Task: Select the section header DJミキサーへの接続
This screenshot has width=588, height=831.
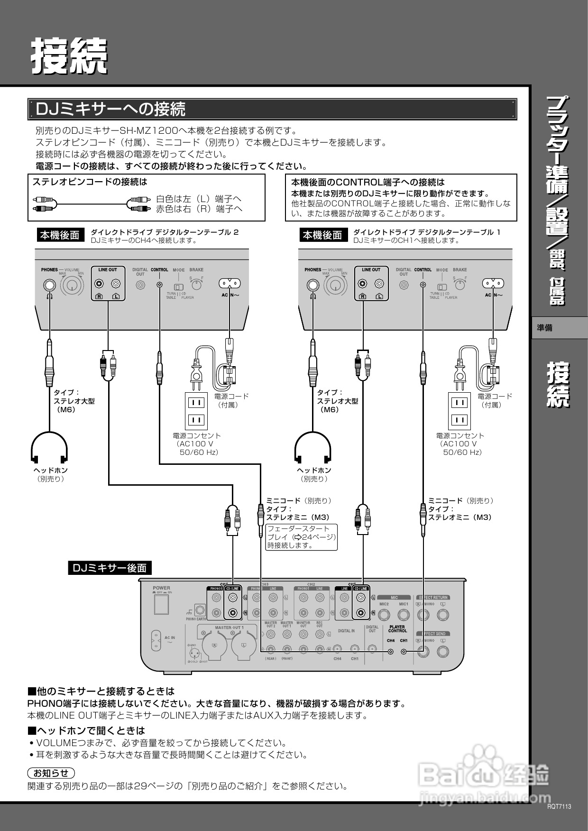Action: tap(111, 109)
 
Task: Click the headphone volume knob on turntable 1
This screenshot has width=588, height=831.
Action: tap(335, 285)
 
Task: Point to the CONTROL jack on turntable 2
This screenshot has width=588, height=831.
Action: tap(160, 285)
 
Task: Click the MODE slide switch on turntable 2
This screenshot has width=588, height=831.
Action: tap(179, 287)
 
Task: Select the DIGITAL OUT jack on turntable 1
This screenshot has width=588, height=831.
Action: tap(404, 285)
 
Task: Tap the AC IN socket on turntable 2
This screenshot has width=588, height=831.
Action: tap(229, 284)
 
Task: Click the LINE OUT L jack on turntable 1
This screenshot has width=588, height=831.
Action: tap(378, 284)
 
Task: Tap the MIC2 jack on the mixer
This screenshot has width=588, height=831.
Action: tap(384, 615)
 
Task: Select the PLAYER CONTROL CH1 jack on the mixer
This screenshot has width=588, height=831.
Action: tap(404, 652)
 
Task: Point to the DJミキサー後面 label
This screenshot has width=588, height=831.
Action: tap(110, 568)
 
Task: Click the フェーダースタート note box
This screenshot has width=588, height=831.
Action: tap(302, 537)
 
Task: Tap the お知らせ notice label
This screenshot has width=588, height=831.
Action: tap(51, 773)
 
